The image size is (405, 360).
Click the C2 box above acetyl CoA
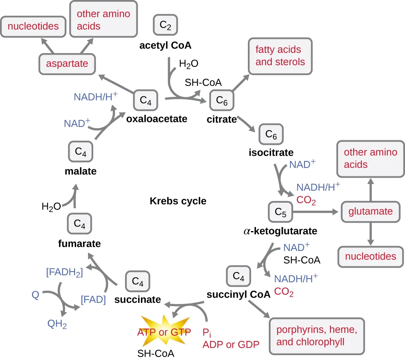pyautogui.click(x=165, y=25)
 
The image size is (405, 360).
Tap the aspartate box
pyautogui.click(x=67, y=64)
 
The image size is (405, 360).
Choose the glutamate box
pyautogui.click(x=371, y=212)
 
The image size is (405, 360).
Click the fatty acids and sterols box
pyautogui.click(x=280, y=56)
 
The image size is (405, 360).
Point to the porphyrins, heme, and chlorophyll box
pyautogui.click(x=316, y=335)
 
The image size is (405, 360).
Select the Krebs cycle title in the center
pyautogui.click(x=178, y=201)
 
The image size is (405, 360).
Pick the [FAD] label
pyautogui.click(x=93, y=300)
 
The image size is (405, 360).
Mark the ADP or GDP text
pyautogui.click(x=230, y=345)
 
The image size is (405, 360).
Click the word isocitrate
pyautogui.click(x=271, y=153)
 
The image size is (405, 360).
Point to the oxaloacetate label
pyautogui.click(x=157, y=119)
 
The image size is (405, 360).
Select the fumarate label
pyautogui.click(x=79, y=244)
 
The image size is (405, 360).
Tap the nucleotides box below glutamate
pyautogui.click(x=371, y=256)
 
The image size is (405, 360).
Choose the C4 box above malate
pyautogui.click(x=81, y=152)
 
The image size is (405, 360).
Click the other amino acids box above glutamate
pyautogui.click(x=371, y=158)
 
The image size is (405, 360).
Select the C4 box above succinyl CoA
pyautogui.click(x=239, y=276)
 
